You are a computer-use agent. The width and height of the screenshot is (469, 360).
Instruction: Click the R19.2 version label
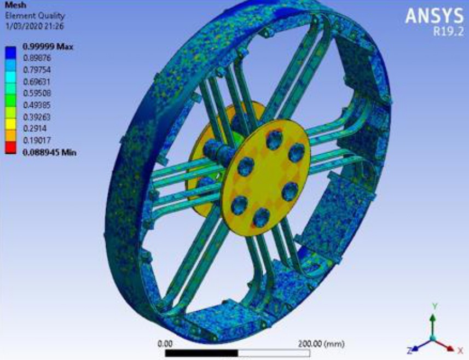(448, 31)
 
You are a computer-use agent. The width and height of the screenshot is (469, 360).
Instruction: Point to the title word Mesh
(15, 5)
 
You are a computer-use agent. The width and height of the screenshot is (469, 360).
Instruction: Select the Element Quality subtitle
(35, 15)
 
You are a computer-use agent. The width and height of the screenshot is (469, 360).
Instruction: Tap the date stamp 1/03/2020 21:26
(34, 26)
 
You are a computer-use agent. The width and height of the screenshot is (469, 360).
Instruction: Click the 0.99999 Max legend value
(48, 47)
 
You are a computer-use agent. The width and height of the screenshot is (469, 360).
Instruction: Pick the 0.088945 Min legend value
(50, 153)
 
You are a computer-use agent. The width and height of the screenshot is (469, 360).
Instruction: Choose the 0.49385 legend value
(37, 105)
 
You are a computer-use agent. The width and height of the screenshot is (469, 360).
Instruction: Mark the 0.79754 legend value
(37, 69)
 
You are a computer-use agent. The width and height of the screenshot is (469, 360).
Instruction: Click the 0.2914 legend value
(34, 129)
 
